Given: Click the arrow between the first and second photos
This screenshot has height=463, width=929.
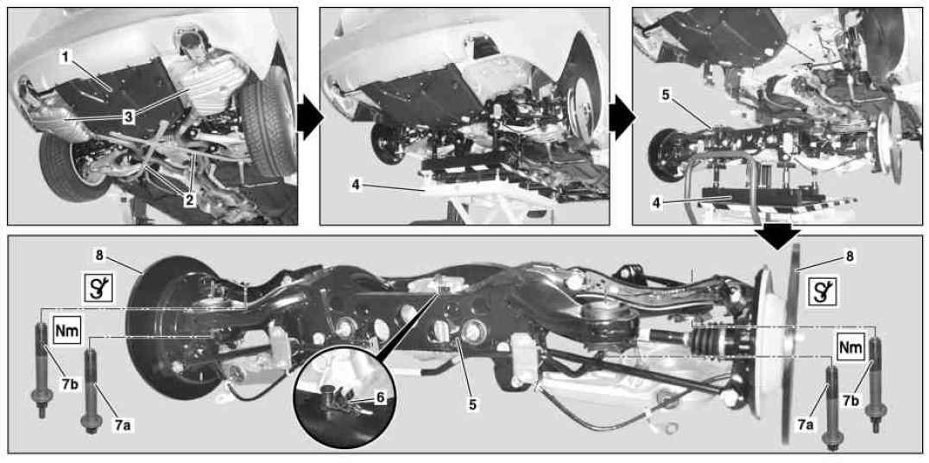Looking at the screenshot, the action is click(x=309, y=117).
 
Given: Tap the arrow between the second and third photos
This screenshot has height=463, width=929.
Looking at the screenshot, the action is click(x=622, y=117).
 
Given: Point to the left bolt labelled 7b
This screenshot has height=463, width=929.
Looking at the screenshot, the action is click(x=42, y=369).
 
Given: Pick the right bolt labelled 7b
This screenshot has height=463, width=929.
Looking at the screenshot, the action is click(x=875, y=384).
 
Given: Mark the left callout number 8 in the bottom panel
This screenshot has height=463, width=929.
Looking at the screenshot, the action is click(x=99, y=257).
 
